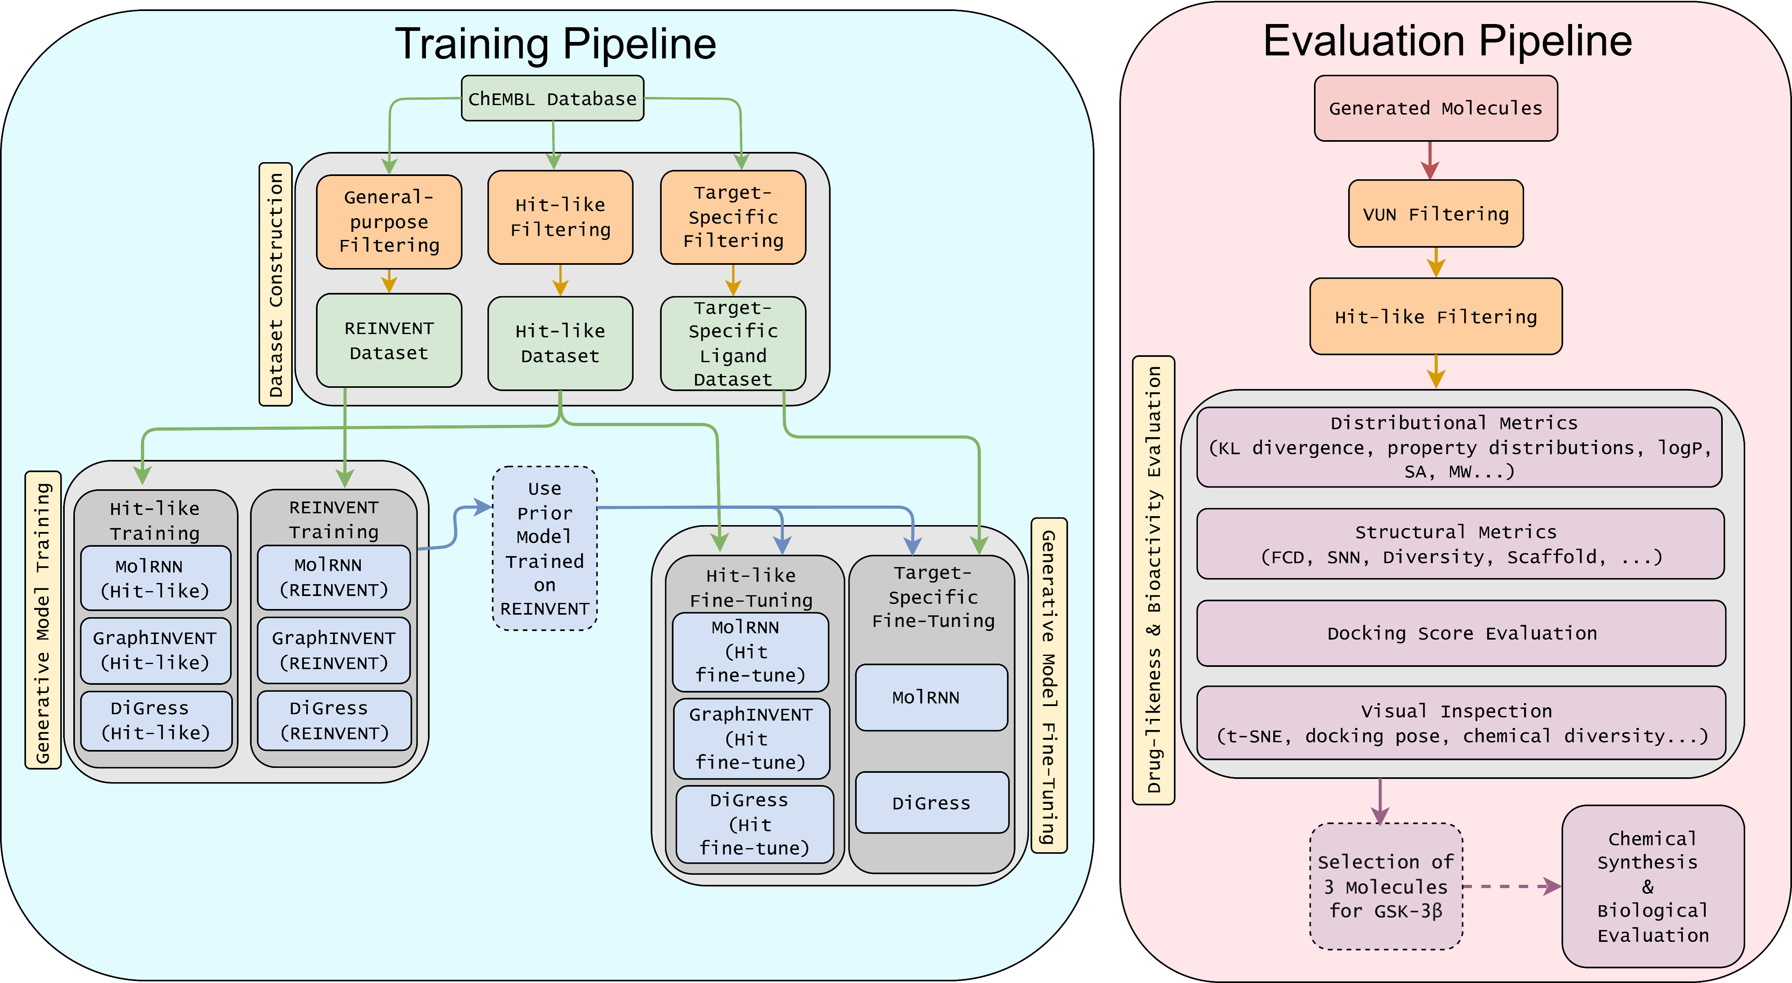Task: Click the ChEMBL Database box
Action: [552, 98]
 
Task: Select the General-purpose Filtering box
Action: [389, 221]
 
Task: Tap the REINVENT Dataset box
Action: [389, 340]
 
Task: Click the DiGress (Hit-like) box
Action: [156, 721]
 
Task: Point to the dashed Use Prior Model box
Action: [544, 548]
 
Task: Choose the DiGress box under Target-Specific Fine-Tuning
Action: [931, 803]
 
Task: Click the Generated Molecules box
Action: [1435, 108]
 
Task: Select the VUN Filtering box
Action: [1435, 213]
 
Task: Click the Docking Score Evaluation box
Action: [1461, 633]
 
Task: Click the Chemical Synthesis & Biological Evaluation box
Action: [1652, 886]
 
